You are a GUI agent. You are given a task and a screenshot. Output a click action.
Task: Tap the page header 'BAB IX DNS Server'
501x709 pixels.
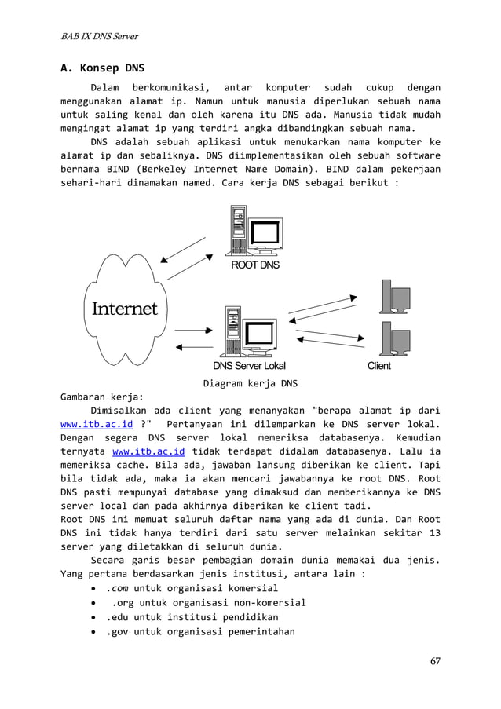click(101, 37)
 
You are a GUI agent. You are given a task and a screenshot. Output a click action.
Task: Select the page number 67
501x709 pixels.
click(434, 660)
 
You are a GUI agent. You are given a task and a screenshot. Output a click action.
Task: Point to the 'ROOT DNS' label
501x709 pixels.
click(254, 265)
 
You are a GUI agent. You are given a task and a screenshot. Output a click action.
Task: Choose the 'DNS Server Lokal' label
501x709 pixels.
click(249, 366)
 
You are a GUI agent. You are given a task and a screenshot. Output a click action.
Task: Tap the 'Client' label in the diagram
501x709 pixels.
click(378, 366)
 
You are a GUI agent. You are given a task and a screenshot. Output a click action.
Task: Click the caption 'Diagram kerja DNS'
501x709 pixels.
click(250, 384)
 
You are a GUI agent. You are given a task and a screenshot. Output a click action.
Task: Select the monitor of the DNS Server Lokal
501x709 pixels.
click(261, 334)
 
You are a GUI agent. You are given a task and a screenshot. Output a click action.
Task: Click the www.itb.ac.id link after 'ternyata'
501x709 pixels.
click(148, 452)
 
